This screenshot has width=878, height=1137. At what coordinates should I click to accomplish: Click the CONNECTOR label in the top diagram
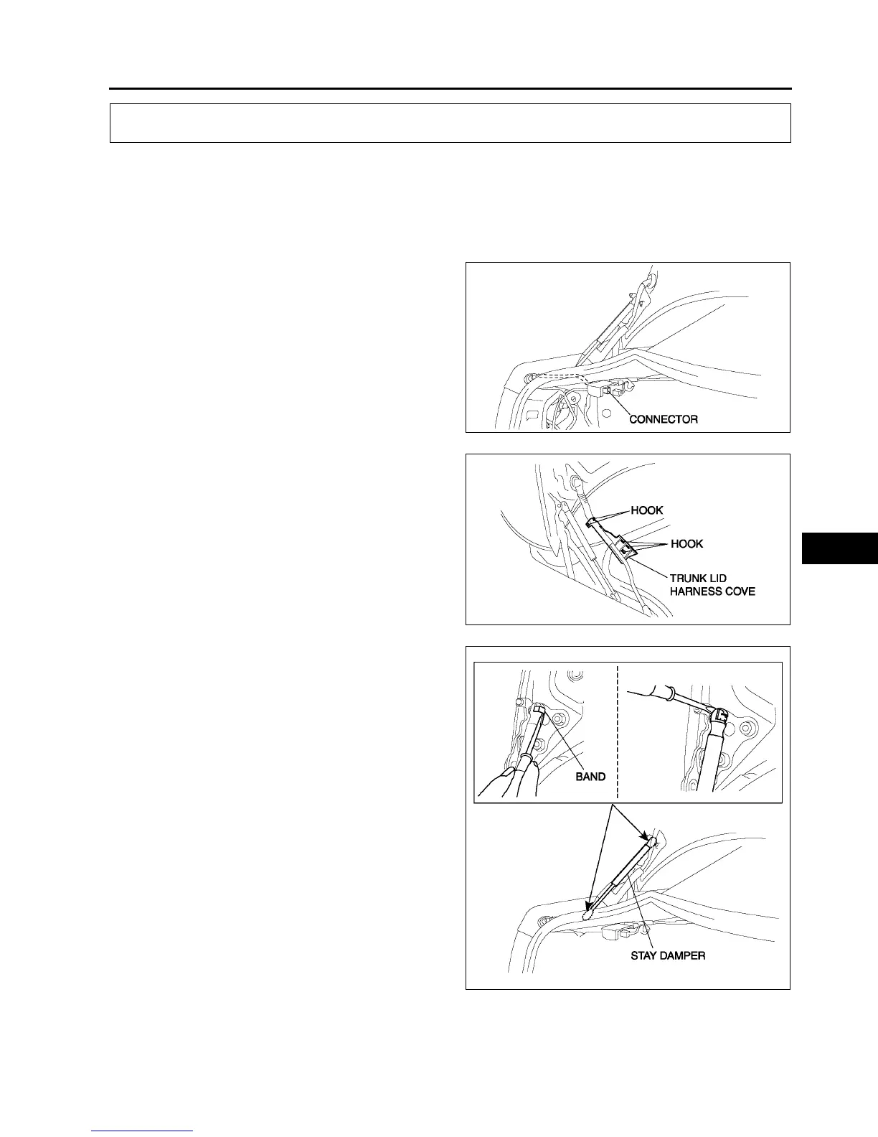(x=663, y=419)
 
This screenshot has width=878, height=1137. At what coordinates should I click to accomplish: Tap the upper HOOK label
(x=646, y=510)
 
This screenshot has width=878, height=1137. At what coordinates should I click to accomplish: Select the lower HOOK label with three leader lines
(x=686, y=543)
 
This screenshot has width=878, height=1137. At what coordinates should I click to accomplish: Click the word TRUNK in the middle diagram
(x=688, y=579)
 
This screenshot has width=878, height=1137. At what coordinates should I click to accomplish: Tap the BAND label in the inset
(x=590, y=777)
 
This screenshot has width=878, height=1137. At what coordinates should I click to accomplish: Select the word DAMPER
(x=684, y=956)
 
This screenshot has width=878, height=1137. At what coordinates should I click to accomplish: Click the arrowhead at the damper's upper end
(x=649, y=837)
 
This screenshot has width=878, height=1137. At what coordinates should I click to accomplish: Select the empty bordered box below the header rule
(x=450, y=123)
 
